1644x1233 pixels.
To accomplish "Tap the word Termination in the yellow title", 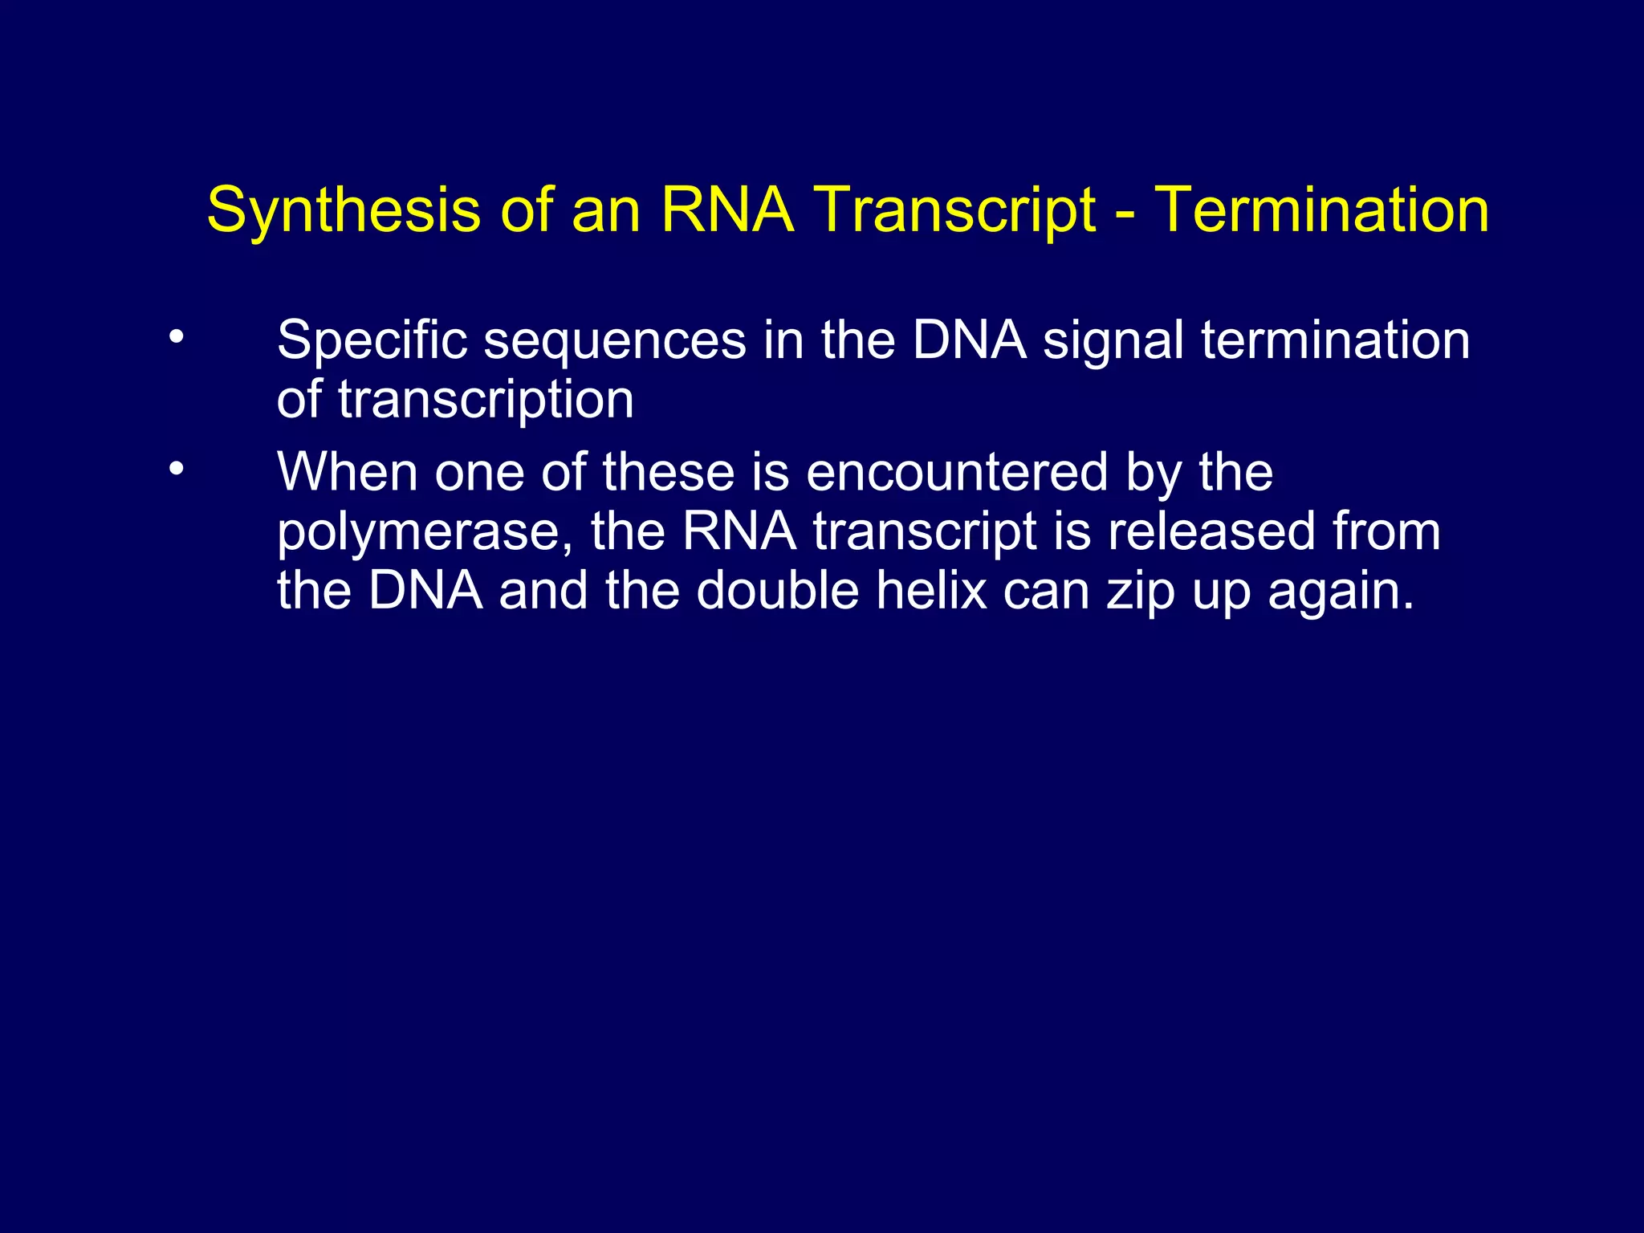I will click(1321, 210).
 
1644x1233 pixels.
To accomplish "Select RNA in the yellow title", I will click(726, 210).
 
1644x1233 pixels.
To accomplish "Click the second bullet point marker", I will click(176, 468).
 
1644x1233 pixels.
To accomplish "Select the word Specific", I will click(372, 340).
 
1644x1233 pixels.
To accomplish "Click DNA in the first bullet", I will click(969, 340).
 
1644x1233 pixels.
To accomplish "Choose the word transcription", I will click(486, 401).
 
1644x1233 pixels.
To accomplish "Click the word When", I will click(347, 472).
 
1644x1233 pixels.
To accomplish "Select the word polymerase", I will click(425, 533).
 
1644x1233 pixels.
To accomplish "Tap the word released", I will click(1211, 531).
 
